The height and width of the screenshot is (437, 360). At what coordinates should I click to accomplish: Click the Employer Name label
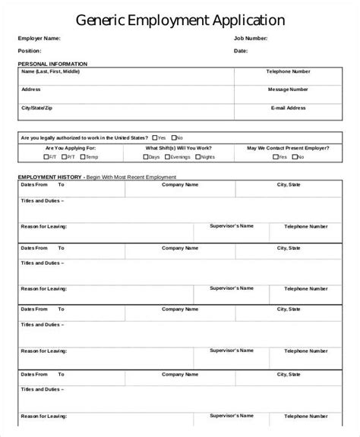(x=39, y=38)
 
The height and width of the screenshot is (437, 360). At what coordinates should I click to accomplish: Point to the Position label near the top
(x=31, y=51)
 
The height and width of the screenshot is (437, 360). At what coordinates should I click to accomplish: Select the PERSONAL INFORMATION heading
(x=52, y=64)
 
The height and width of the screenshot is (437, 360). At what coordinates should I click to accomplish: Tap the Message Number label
(x=288, y=90)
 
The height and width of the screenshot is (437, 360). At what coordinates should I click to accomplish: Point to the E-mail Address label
(x=288, y=108)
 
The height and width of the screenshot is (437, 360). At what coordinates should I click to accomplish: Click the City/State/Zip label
(x=37, y=108)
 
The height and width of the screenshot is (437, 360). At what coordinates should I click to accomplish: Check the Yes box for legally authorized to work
(x=155, y=137)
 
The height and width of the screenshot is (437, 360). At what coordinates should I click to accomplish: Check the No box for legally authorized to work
(x=173, y=137)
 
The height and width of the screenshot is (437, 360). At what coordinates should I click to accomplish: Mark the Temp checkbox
(x=83, y=157)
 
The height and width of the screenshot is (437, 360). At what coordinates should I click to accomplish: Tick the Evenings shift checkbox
(x=168, y=157)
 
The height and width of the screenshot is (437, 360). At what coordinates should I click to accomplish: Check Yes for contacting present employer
(x=274, y=157)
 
